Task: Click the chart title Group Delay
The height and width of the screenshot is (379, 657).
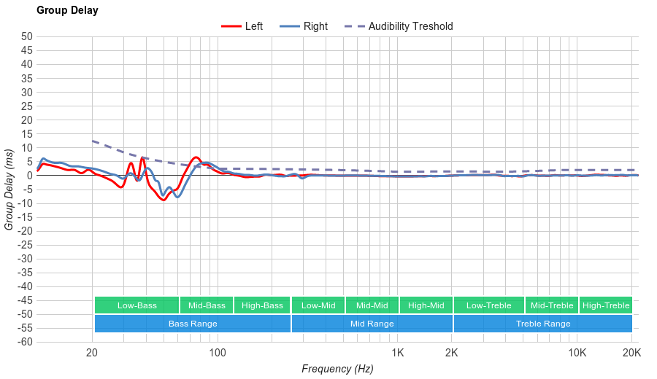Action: point(67,10)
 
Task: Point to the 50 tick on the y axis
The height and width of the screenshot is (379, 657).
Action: point(27,36)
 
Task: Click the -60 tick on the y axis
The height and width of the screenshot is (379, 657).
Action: point(24,342)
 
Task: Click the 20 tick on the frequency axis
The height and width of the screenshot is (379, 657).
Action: point(92,353)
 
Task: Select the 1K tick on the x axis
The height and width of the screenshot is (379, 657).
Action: point(398,353)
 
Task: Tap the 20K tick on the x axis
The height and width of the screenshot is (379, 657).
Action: point(631,353)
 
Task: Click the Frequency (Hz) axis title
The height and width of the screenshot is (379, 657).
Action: point(337,369)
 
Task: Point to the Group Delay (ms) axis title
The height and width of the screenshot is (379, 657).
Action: point(9,189)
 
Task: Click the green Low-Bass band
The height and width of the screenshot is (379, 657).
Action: point(137,305)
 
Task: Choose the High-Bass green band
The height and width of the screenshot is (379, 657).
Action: point(262,305)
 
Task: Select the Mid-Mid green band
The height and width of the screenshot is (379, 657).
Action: point(372,305)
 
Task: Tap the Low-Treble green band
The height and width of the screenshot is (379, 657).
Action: point(488,305)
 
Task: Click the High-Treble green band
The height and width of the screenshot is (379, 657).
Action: point(606,305)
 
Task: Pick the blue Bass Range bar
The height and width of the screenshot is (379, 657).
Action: point(193,324)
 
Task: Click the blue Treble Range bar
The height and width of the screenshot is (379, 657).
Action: point(543,324)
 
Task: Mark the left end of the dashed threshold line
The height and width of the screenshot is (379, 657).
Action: point(93,141)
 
